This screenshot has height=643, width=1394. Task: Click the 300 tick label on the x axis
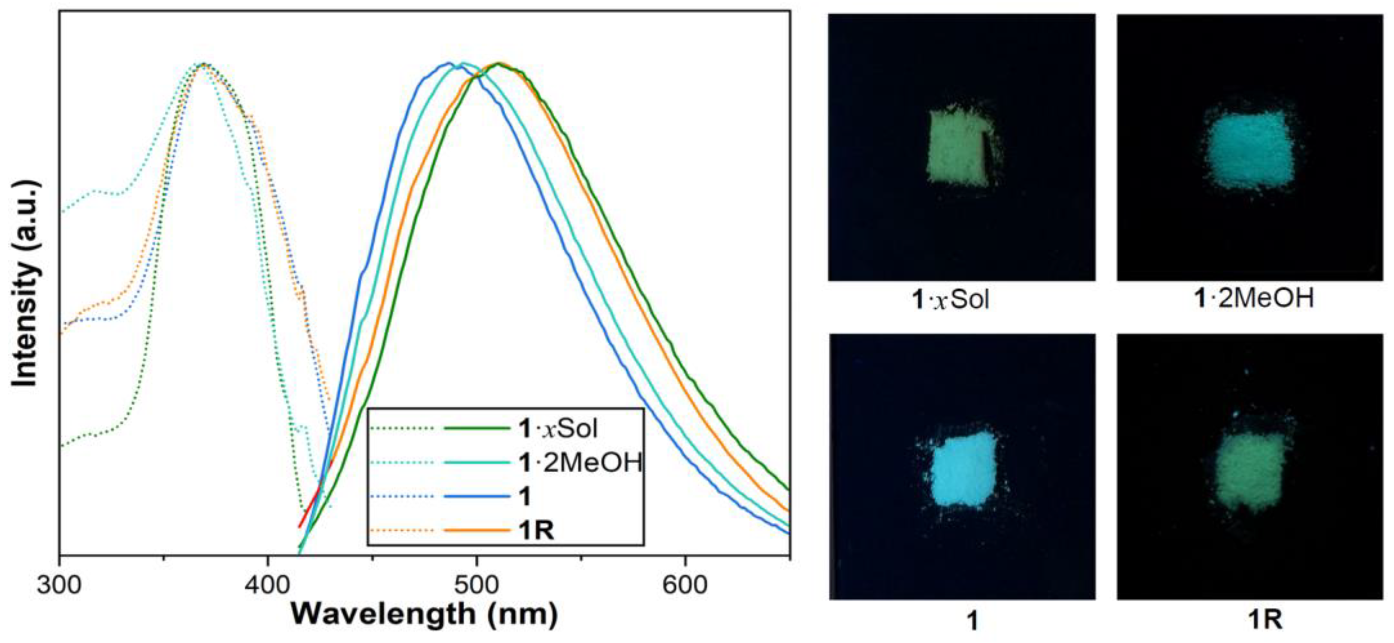[59, 585]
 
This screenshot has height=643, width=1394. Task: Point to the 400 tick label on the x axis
[267, 585]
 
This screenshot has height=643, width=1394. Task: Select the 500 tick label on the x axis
[476, 585]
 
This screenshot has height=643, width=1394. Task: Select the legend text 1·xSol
[557, 429]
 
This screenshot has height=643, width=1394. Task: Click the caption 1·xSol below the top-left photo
[951, 299]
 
